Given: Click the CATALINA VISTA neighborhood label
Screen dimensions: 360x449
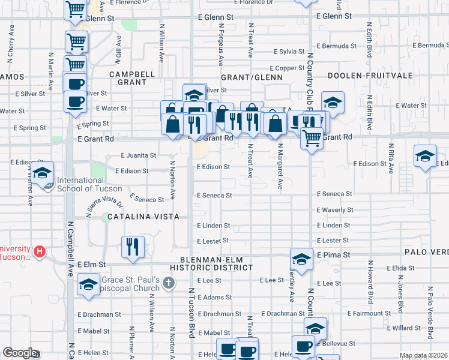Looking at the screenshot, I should click(x=143, y=217).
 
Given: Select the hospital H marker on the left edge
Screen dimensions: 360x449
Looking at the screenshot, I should click(x=40, y=251).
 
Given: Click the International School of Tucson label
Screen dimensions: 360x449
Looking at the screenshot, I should click(x=89, y=184).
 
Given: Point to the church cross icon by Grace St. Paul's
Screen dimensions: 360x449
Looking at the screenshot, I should click(x=169, y=283).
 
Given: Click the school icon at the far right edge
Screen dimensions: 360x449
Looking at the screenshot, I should click(x=425, y=157).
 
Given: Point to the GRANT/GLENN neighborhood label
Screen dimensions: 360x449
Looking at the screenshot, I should click(x=250, y=78).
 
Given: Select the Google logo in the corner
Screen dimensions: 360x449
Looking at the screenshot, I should click(x=20, y=352).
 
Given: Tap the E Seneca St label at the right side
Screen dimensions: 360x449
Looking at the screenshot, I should click(x=334, y=194).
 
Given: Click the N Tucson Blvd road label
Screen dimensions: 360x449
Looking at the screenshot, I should click(x=193, y=312).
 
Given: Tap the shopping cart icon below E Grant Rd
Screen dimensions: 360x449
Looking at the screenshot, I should click(x=312, y=139).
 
